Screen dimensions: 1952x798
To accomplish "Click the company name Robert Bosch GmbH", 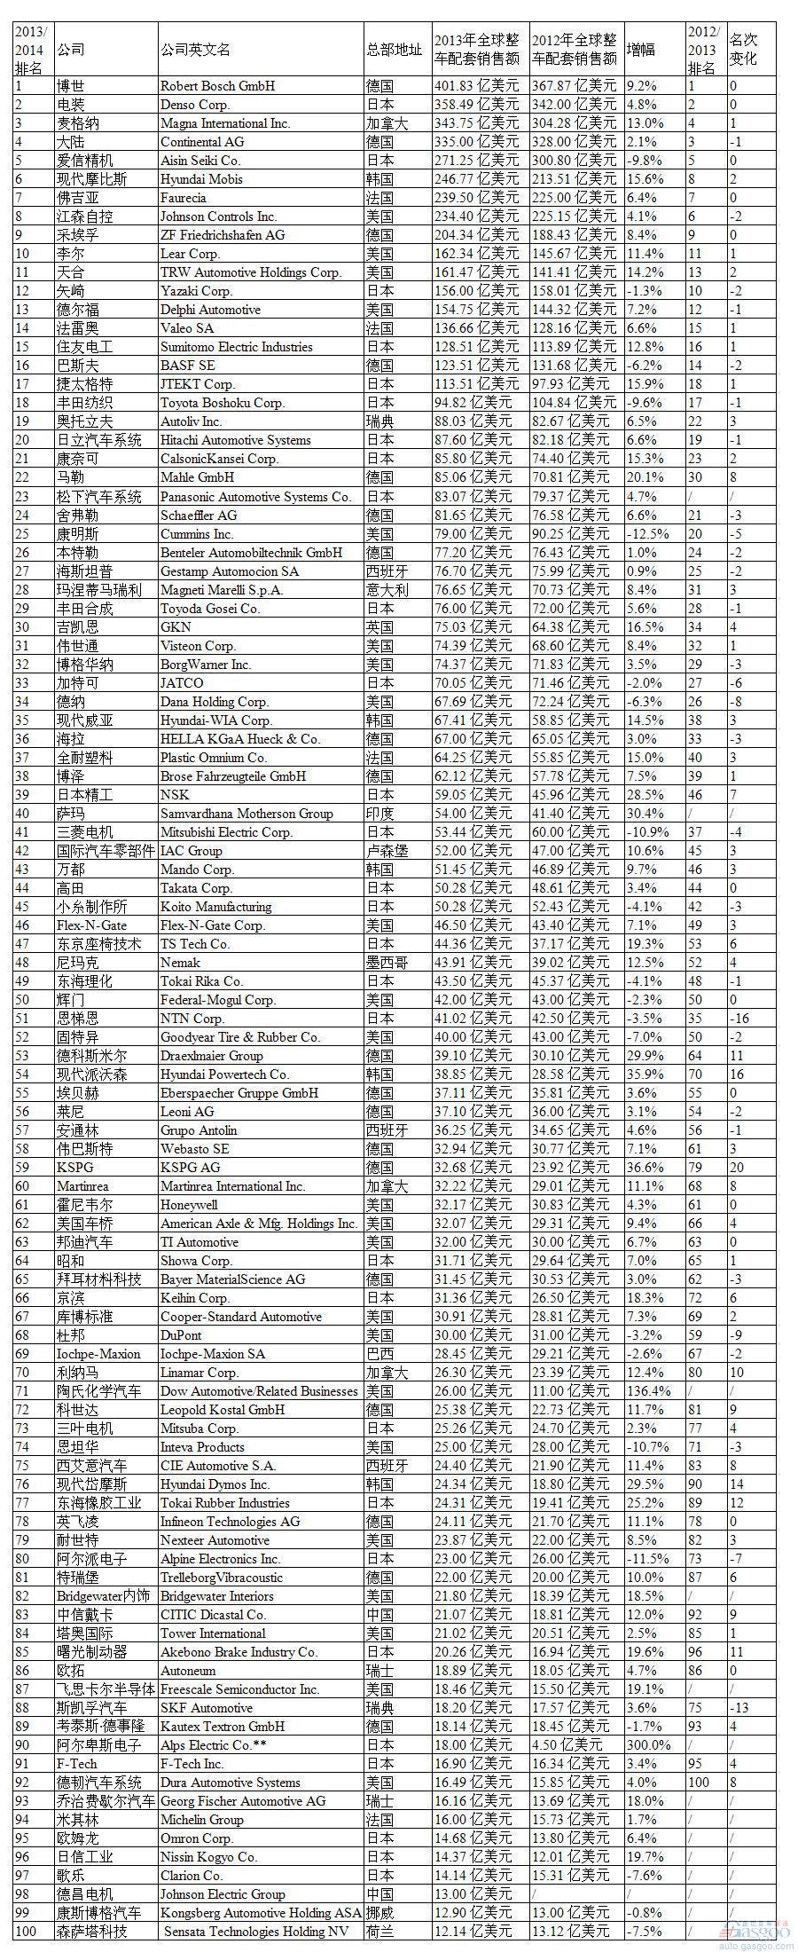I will (217, 86).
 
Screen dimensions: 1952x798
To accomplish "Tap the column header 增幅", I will (641, 50).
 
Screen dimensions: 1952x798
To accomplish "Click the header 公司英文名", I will (195, 50).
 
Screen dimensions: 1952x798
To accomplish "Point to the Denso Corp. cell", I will (195, 105).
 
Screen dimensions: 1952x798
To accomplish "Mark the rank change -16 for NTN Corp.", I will (739, 1019).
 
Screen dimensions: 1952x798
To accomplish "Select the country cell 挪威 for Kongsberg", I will (380, 1912).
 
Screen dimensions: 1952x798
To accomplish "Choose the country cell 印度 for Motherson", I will (380, 814).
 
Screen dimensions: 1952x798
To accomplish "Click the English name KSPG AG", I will (190, 1168).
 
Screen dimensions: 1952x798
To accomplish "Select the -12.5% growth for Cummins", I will (647, 534).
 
